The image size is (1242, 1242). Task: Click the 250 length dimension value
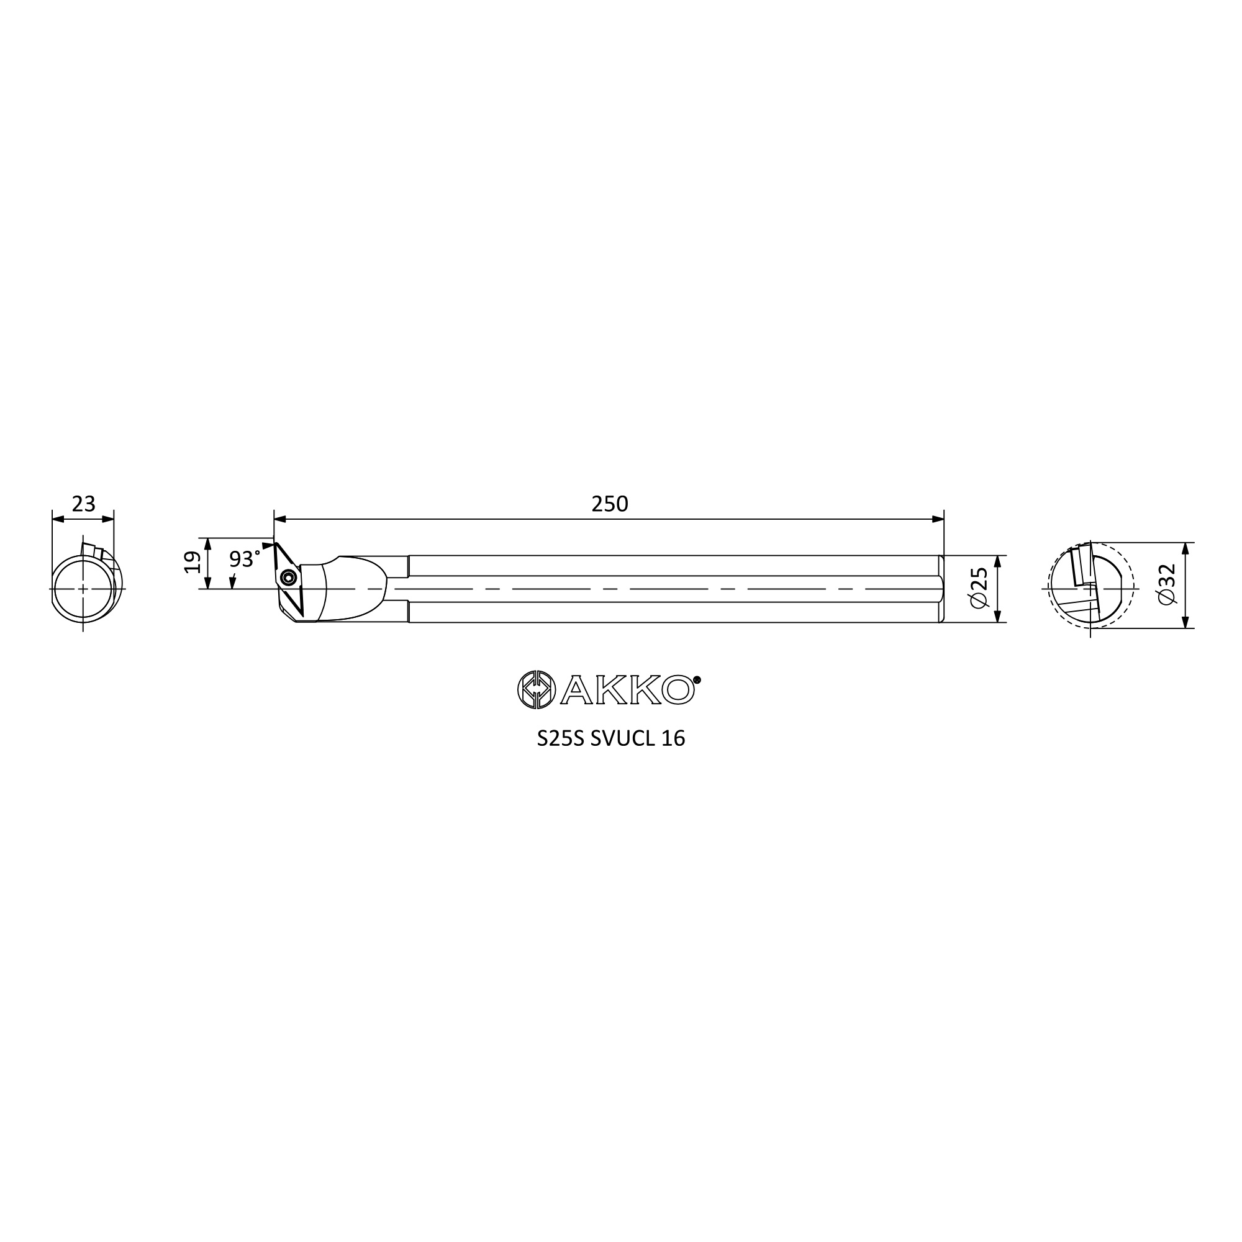tap(609, 504)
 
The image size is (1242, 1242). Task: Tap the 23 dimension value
tap(84, 504)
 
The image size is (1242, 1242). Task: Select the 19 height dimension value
tap(193, 562)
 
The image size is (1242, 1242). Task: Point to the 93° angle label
tap(245, 560)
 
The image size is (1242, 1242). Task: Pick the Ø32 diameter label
tap(1166, 584)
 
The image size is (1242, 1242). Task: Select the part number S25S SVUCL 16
tap(610, 738)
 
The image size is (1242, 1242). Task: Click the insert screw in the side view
tap(290, 577)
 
